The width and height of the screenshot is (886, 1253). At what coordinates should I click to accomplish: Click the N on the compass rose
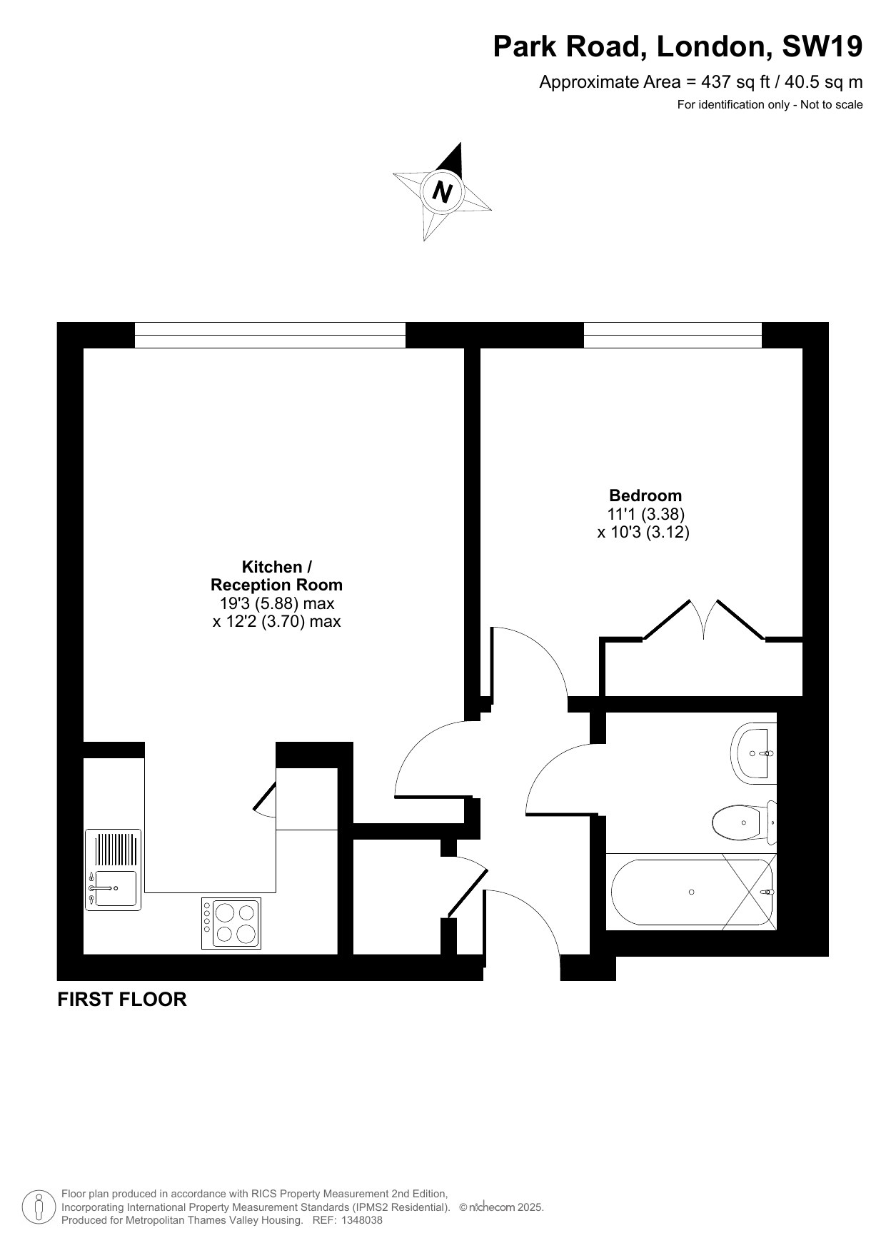(443, 192)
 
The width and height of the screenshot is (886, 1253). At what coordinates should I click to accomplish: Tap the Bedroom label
(645, 495)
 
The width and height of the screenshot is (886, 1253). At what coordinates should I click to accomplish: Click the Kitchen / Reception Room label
(276, 576)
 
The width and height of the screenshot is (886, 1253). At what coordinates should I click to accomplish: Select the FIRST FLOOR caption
(122, 1000)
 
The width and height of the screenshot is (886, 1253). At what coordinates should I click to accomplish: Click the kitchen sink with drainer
(114, 870)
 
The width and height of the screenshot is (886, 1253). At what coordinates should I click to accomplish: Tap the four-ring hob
(231, 923)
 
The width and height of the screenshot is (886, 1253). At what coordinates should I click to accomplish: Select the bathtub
(691, 892)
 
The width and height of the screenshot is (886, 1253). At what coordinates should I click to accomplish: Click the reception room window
(270, 335)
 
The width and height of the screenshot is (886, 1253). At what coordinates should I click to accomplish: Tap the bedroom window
(673, 335)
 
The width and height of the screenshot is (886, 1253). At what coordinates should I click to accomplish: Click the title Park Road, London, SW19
(678, 46)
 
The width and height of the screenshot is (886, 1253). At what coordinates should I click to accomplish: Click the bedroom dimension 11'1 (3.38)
(646, 514)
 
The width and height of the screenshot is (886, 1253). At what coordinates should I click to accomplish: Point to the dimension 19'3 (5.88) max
(277, 603)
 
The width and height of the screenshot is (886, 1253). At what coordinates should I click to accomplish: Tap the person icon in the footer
(39, 1207)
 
